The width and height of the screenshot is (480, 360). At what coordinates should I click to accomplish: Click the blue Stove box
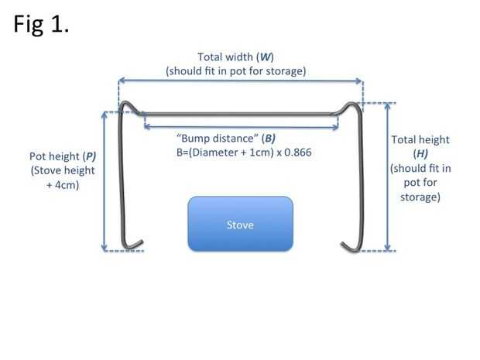click(240, 224)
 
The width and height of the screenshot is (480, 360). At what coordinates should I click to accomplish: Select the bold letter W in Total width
click(265, 57)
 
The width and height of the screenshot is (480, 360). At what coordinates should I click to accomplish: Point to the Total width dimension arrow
click(240, 79)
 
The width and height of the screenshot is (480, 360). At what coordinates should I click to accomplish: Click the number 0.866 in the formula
click(296, 153)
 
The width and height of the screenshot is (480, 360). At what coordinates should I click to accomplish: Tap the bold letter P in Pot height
click(91, 156)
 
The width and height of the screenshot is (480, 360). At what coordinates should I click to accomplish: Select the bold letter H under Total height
click(420, 154)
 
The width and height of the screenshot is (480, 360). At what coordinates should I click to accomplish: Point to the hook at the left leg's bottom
click(133, 245)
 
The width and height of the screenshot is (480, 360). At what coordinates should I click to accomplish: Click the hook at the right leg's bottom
click(348, 245)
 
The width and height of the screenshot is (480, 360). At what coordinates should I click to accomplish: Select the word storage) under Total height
click(420, 197)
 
